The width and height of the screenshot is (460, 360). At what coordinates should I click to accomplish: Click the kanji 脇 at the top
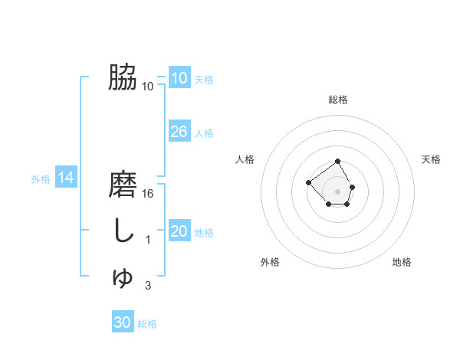tap(123, 77)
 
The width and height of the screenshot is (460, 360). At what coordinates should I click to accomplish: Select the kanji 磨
tap(123, 186)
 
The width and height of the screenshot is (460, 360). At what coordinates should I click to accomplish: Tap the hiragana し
tap(123, 231)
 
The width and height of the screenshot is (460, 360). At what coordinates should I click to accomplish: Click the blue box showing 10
tap(179, 78)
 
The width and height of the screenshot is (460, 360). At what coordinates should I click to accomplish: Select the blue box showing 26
tap(179, 132)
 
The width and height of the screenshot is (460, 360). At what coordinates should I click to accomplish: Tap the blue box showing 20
tap(179, 231)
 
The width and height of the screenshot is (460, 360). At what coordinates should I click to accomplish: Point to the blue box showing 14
tap(66, 178)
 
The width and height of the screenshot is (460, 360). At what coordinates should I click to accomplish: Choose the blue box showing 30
tap(123, 322)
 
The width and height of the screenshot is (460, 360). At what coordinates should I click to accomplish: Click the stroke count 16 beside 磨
tap(149, 194)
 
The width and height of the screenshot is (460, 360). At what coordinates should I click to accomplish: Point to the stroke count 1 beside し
tap(149, 240)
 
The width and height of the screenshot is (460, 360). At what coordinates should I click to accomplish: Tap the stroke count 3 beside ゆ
tap(149, 286)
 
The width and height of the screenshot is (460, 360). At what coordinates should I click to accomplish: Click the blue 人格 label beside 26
tap(204, 133)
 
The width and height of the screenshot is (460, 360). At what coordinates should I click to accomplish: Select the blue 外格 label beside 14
tap(41, 179)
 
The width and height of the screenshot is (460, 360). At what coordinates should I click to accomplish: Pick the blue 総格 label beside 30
tap(147, 324)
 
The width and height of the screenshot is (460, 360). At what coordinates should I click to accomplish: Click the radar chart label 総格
tap(338, 100)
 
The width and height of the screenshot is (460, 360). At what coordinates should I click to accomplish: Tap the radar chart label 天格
tap(431, 159)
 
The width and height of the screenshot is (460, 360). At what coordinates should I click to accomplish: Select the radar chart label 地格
tap(402, 262)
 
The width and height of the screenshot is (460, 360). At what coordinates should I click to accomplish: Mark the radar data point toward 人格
tap(308, 182)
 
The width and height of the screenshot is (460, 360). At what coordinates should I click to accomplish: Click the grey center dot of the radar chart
tap(338, 191)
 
